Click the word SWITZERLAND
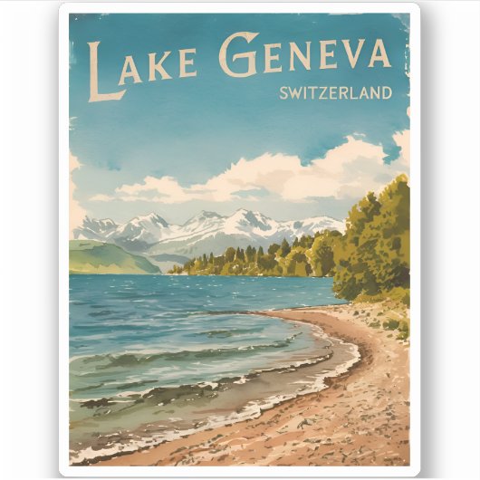coord(335,92)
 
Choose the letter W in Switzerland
coord(295,92)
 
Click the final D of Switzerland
coord(386,92)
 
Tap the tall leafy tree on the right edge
coord(376,235)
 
